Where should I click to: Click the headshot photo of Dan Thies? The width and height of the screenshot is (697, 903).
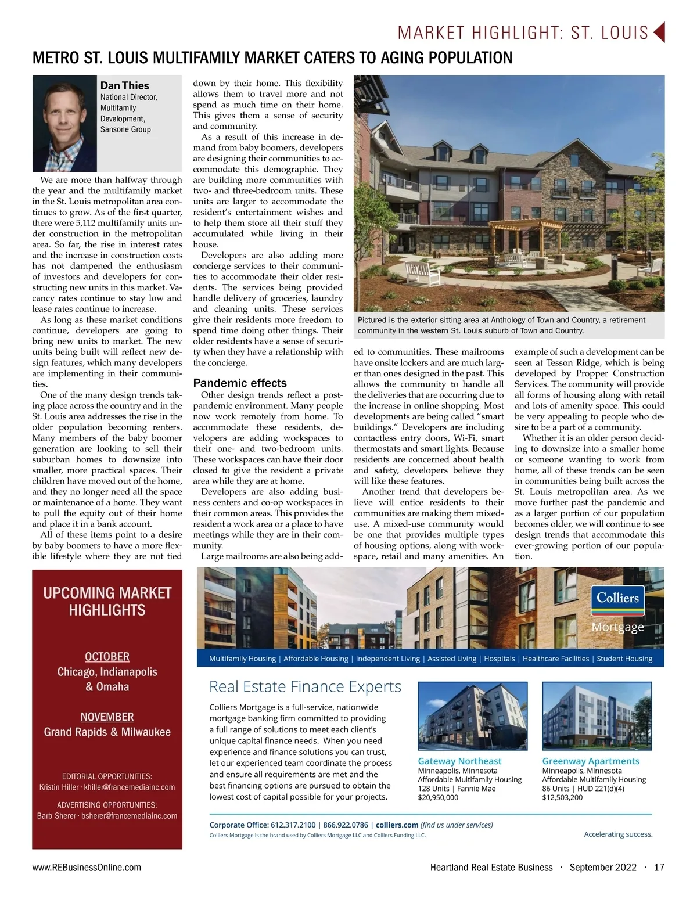64,124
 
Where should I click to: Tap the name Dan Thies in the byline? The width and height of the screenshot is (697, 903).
124,85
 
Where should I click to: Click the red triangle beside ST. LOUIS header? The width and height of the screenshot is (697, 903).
659,32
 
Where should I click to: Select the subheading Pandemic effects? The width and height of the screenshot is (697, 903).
239,383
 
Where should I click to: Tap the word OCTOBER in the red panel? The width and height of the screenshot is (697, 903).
107,657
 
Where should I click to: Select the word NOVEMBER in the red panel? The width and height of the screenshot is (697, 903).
107,717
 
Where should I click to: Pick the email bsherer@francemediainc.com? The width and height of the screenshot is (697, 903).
129,816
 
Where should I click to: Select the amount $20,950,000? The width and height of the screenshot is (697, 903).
438,798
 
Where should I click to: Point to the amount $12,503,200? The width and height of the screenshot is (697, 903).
562,798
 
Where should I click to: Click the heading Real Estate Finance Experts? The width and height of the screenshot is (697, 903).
305,687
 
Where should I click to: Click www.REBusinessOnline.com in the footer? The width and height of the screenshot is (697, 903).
87,868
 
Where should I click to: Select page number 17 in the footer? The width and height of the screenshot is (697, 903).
659,868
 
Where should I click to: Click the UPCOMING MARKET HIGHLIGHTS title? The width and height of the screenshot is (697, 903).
107,602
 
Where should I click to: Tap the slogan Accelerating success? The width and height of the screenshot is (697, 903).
618,834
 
